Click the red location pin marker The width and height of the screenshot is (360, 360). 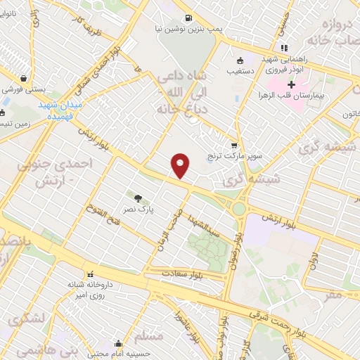[181, 165]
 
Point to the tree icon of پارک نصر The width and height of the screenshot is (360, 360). [137, 198]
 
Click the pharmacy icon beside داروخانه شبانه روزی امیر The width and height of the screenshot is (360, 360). [89, 274]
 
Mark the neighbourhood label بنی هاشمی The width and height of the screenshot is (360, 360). [39, 349]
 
